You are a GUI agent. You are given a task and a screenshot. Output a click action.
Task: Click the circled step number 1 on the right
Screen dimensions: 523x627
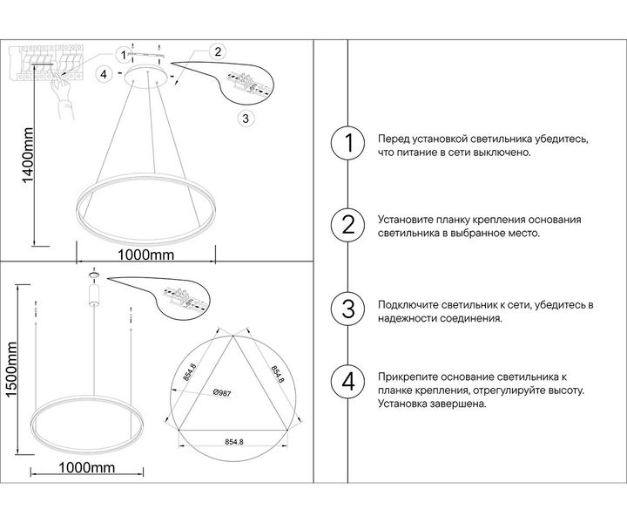[348, 145]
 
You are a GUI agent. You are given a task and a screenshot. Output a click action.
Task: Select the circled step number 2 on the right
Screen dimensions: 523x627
[348, 227]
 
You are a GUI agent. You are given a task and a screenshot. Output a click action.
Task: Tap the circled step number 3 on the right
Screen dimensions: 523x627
[348, 309]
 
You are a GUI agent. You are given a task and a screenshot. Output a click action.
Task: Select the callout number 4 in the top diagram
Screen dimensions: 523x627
[104, 75]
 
